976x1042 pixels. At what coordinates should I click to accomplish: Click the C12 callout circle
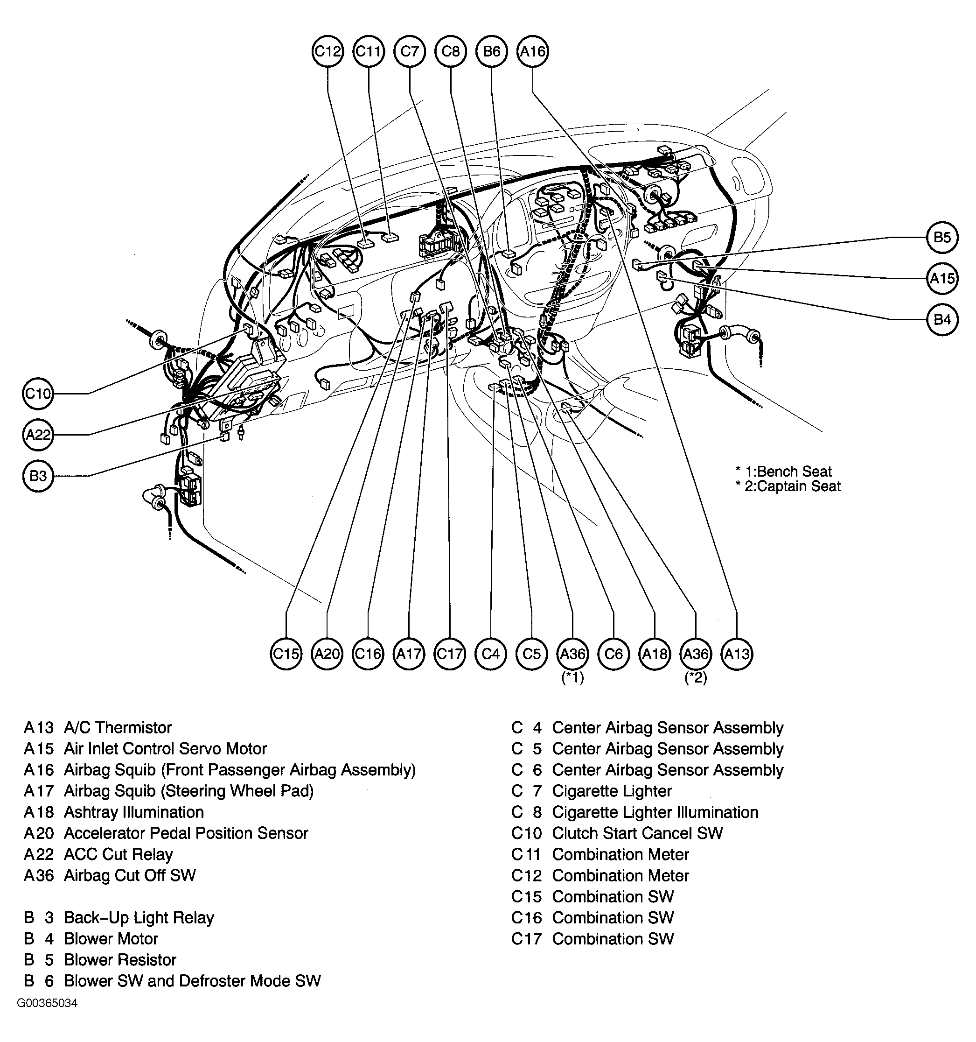pos(328,51)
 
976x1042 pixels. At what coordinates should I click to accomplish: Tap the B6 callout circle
pos(491,51)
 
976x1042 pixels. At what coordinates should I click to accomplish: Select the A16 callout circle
pos(532,51)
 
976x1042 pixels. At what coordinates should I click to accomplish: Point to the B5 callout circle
pos(942,238)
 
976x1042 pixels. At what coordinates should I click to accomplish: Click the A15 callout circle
pos(942,278)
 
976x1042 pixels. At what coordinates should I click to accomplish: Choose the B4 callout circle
pos(942,319)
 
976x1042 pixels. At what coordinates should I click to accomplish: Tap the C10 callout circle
pos(38,393)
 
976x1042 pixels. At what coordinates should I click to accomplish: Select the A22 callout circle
pos(38,435)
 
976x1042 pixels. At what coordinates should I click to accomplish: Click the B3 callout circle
pos(38,476)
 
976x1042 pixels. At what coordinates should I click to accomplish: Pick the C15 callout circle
pos(286,654)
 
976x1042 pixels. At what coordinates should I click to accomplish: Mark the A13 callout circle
pos(737,654)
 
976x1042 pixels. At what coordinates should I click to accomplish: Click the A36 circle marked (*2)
pos(696,654)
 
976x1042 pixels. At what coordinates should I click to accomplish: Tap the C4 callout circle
pos(491,654)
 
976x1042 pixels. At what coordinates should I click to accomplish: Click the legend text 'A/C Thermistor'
pos(118,728)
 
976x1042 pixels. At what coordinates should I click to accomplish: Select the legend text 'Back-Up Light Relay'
pos(139,918)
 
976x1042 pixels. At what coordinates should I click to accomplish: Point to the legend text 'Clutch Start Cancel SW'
pos(638,833)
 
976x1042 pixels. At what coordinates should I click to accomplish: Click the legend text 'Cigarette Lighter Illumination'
pos(655,812)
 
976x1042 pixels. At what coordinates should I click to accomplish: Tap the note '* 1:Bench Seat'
pos(784,471)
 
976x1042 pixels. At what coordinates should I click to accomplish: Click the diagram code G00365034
pos(47,1003)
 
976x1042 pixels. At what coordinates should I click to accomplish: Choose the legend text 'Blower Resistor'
pos(120,960)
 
